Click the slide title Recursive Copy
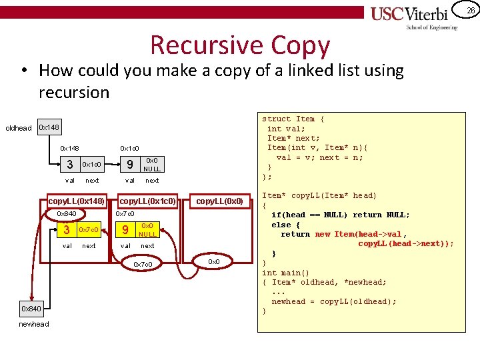click(x=240, y=45)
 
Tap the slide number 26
click(x=470, y=10)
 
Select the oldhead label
click(x=18, y=128)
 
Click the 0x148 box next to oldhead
click(x=49, y=127)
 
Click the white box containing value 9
click(x=130, y=165)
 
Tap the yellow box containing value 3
click(x=66, y=230)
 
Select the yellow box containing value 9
click(x=125, y=230)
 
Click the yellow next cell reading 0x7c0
click(x=89, y=230)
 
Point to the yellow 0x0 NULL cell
click(x=147, y=230)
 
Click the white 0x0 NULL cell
click(x=152, y=165)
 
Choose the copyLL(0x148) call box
click(x=77, y=201)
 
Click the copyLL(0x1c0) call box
click(x=147, y=201)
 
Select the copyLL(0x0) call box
click(x=219, y=201)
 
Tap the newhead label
click(x=33, y=324)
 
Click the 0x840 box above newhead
click(x=31, y=309)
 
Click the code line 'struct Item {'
click(x=293, y=119)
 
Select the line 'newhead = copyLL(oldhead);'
click(x=333, y=301)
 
